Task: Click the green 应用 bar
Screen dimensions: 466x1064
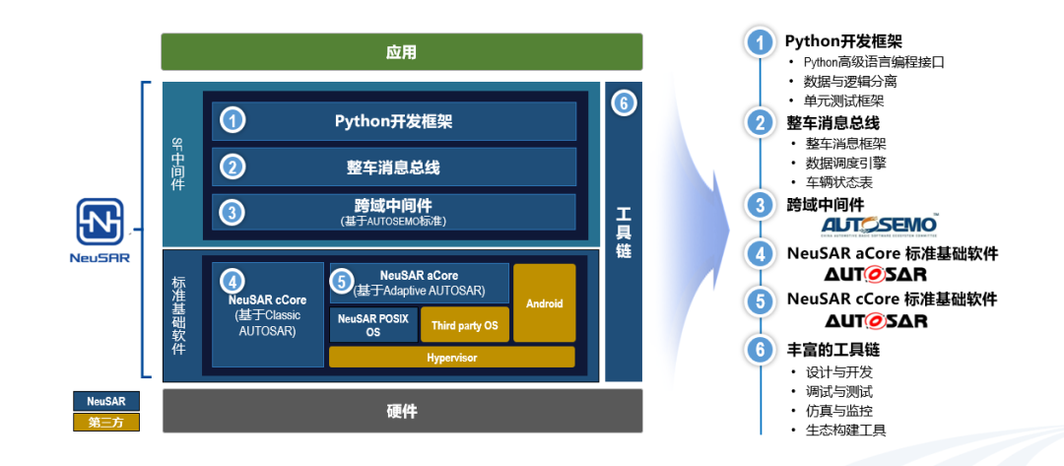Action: pyautogui.click(x=401, y=52)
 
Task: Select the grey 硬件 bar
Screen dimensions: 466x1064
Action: pyautogui.click(x=401, y=411)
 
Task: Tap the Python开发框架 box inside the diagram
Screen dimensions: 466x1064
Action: pyautogui.click(x=394, y=121)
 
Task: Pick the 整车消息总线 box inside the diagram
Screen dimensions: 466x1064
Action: pyautogui.click(x=394, y=167)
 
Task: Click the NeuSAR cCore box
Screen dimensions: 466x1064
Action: pyautogui.click(x=267, y=314)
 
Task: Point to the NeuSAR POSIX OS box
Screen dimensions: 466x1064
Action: pyautogui.click(x=372, y=325)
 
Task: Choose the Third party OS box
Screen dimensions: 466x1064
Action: pyautogui.click(x=465, y=325)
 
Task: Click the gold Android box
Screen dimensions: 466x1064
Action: pyautogui.click(x=544, y=302)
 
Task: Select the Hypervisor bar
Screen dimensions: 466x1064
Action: pyautogui.click(x=451, y=358)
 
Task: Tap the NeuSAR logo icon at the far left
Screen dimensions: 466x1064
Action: pyautogui.click(x=100, y=223)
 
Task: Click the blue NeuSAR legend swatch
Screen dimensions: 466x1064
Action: pyautogui.click(x=106, y=401)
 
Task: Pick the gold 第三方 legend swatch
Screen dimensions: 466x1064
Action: pyautogui.click(x=106, y=423)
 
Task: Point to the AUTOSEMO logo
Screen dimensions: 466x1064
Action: pyautogui.click(x=878, y=227)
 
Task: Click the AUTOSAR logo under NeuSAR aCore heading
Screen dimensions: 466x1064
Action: pyautogui.click(x=876, y=274)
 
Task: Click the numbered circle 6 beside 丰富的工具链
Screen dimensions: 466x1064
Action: pyautogui.click(x=759, y=350)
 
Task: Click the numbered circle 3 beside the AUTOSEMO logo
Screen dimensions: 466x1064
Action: pyautogui.click(x=759, y=205)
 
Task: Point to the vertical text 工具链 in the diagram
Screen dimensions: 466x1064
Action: pyautogui.click(x=623, y=233)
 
